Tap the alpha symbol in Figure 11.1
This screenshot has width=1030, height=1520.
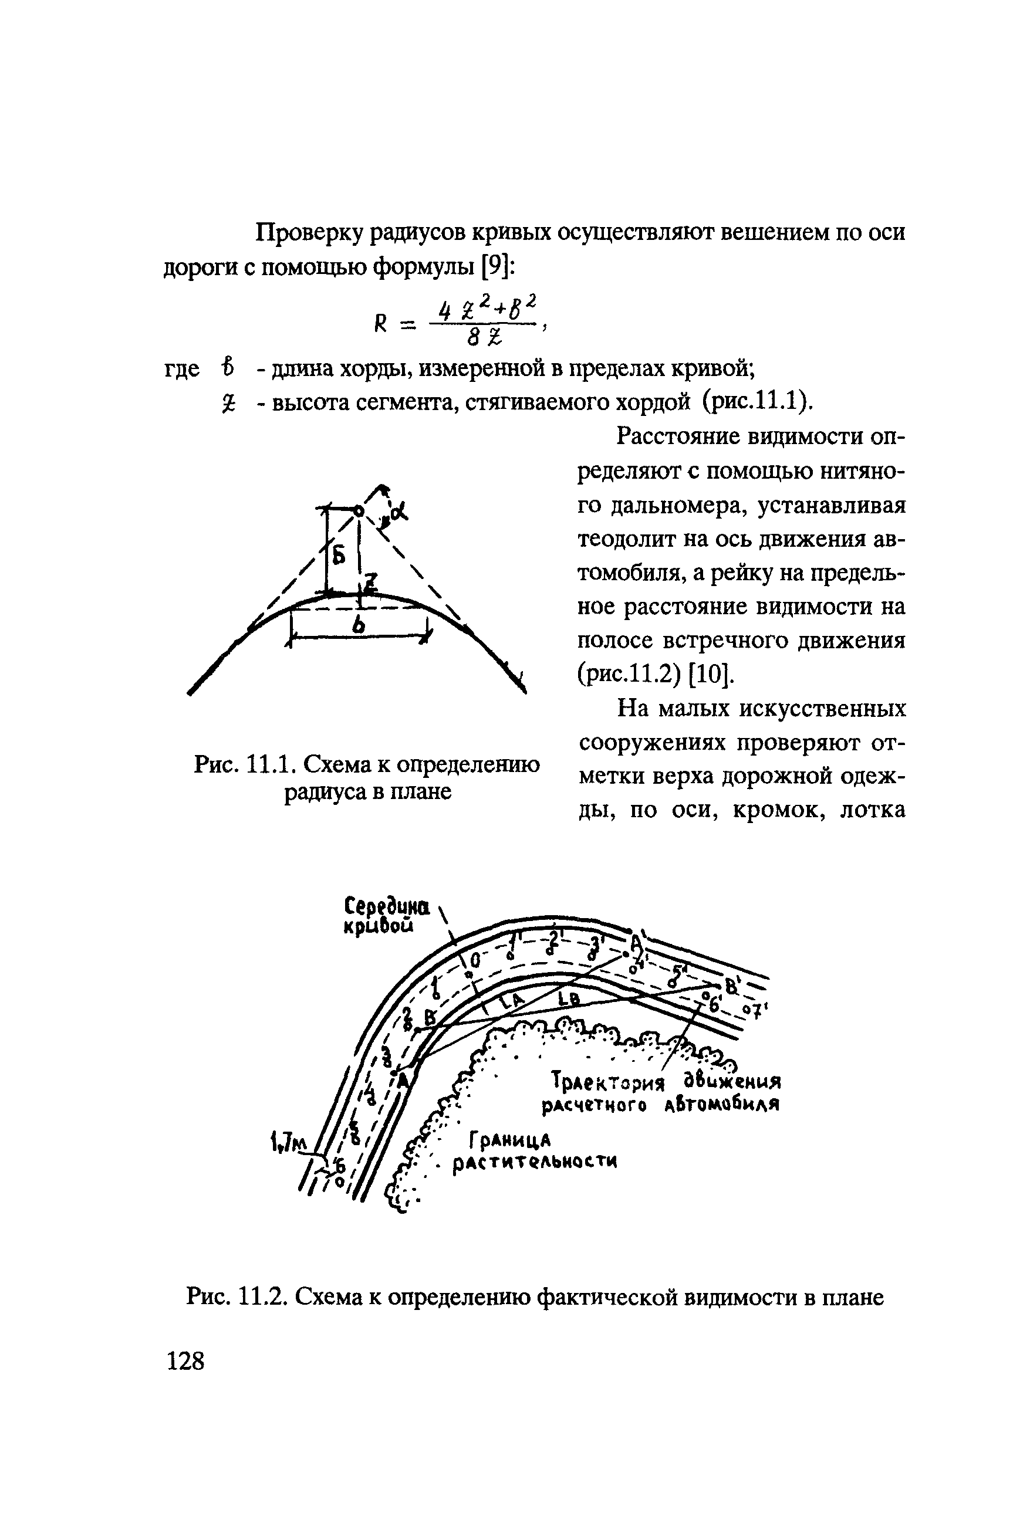tap(398, 511)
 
